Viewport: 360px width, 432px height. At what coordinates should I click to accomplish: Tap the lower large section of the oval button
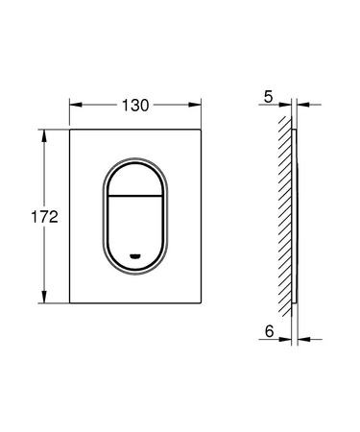tap(135, 227)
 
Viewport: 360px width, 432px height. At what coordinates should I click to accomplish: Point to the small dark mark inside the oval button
tap(135, 255)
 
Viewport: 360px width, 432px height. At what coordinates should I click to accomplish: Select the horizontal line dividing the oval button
tap(135, 195)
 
